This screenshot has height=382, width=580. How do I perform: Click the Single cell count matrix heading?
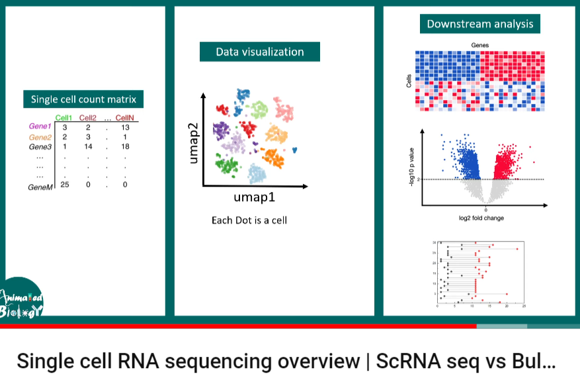click(83, 99)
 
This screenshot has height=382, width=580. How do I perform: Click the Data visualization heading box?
click(260, 52)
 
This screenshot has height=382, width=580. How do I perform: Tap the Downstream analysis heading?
click(479, 24)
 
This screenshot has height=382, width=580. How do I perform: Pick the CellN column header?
click(124, 118)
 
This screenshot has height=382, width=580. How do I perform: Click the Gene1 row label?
click(40, 126)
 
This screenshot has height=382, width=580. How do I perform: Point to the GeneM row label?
click(40, 188)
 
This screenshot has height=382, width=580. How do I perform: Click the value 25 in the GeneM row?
click(65, 185)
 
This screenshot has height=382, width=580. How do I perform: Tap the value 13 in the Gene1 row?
click(125, 127)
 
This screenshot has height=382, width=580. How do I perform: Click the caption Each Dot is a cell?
click(249, 220)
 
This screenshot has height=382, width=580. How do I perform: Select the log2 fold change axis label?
click(486, 217)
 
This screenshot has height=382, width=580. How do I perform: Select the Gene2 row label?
click(40, 136)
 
